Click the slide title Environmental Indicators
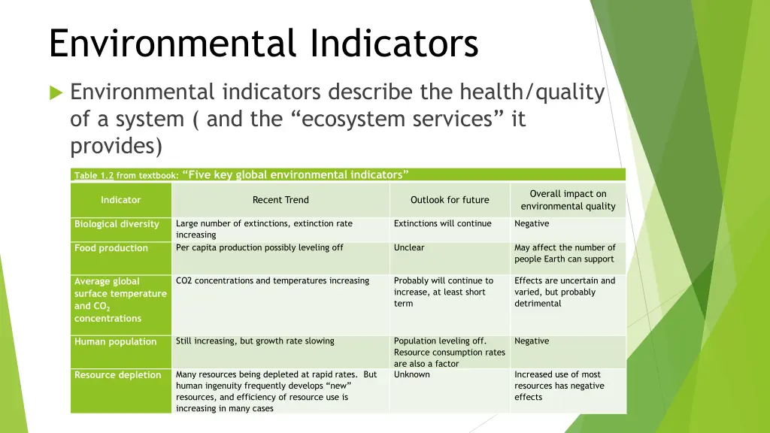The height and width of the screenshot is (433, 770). click(x=263, y=43)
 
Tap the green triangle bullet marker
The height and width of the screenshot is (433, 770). click(x=56, y=92)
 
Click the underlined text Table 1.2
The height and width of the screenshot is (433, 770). click(x=94, y=176)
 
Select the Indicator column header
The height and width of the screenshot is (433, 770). click(x=120, y=200)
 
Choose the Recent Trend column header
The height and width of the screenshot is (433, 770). click(x=280, y=200)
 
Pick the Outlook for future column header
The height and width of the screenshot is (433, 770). click(x=450, y=200)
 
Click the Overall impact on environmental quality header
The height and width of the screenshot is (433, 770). click(x=568, y=200)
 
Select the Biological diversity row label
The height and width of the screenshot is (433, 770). click(x=117, y=224)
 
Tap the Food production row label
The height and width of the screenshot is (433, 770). click(x=111, y=248)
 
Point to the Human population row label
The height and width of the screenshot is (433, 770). click(x=115, y=341)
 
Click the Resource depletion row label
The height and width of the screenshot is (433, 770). click(x=117, y=375)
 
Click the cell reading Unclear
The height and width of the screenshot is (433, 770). click(x=409, y=247)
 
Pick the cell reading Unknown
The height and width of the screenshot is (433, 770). click(x=412, y=374)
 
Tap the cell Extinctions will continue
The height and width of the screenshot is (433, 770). click(x=442, y=223)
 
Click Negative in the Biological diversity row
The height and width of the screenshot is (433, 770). click(x=532, y=223)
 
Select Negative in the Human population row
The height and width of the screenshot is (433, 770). click(x=532, y=341)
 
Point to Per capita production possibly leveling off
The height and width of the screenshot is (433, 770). click(x=259, y=247)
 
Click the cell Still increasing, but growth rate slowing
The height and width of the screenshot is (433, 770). click(x=255, y=341)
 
